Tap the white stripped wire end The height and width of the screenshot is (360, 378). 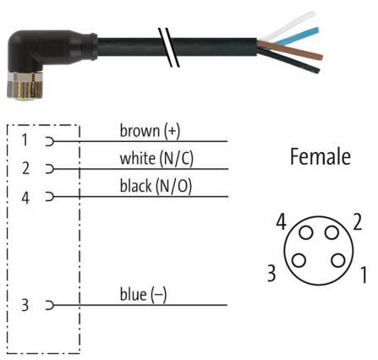[288, 26]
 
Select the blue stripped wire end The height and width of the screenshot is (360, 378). [297, 35]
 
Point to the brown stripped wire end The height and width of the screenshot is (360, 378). [290, 50]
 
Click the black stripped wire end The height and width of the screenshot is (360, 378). [289, 60]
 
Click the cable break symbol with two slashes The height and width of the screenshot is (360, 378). [169, 47]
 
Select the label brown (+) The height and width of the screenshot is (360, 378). [150, 131]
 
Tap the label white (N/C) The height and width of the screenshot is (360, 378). [156, 159]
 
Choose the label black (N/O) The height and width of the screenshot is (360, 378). [156, 186]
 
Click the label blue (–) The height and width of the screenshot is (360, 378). [143, 294]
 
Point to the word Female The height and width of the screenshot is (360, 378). [320, 156]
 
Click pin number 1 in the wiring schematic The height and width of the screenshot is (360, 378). [25, 140]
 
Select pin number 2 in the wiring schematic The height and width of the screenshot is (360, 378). [25, 168]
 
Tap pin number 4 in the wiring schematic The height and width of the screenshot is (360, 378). [25, 198]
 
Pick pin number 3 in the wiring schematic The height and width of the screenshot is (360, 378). [25, 305]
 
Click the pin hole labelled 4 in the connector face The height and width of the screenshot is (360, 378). [306, 233]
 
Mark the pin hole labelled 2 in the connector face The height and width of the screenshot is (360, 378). [331, 233]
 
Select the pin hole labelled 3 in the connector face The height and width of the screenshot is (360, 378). [299, 260]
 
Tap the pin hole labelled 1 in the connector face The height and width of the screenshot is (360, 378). [338, 260]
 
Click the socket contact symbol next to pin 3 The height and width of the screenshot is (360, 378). [50, 305]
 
